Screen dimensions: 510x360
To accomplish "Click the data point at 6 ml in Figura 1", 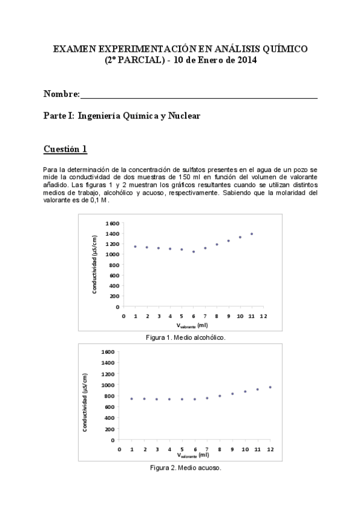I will pos(194,251).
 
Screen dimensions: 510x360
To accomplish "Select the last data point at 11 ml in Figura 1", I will pos(252,234).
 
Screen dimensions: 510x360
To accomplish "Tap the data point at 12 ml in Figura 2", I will pos(270,387).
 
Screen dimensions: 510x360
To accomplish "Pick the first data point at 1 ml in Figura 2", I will pos(132,399).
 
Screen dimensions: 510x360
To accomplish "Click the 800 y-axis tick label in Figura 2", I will pos(108,396).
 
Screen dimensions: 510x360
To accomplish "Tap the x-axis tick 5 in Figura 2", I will pos(182,449).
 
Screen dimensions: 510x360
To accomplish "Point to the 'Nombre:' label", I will pos(61,94).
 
